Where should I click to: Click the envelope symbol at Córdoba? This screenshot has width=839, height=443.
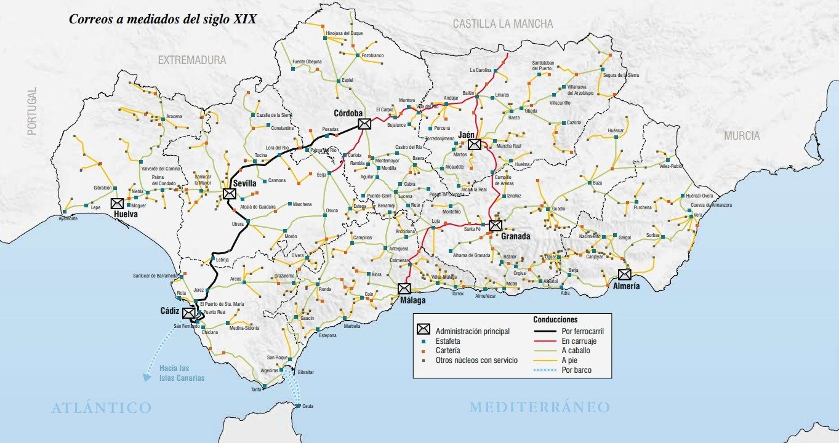(x=364, y=124)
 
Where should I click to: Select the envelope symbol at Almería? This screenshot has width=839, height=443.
(x=625, y=274)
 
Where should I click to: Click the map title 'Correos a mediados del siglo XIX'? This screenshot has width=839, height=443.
(x=163, y=19)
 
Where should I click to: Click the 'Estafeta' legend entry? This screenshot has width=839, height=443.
(x=448, y=341)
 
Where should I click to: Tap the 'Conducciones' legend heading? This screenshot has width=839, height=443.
(x=555, y=320)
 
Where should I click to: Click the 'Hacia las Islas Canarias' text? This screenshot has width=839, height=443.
(x=182, y=373)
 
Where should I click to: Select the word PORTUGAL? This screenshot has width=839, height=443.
(x=32, y=111)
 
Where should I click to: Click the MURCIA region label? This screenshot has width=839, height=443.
(x=741, y=136)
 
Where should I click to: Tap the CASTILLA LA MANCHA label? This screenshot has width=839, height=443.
(x=503, y=24)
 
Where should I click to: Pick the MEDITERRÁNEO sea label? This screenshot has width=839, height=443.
(x=539, y=407)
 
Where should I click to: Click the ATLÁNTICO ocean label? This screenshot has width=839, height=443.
(x=102, y=407)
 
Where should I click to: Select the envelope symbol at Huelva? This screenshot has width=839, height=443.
(x=117, y=204)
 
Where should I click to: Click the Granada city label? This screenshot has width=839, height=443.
(x=515, y=236)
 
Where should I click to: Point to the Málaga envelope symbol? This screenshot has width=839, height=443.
(x=404, y=288)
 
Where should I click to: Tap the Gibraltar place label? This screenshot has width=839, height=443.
(x=305, y=372)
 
